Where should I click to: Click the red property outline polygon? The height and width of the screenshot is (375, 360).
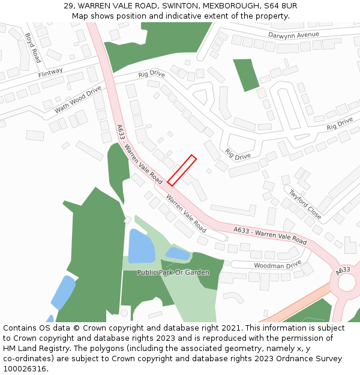tap(182, 170)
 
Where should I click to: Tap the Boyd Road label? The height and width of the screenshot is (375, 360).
tap(33, 48)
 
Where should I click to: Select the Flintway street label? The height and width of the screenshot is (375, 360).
tap(50, 73)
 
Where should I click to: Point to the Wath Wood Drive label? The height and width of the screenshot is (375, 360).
tap(78, 100)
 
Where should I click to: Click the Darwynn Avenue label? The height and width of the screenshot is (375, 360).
tap(293, 35)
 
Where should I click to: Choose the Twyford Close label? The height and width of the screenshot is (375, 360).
tap(305, 204)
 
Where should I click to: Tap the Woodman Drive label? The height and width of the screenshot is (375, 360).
tap(277, 265)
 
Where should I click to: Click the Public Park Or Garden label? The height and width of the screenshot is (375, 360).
tap(173, 272)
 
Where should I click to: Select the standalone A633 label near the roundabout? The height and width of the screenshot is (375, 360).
tap(343, 271)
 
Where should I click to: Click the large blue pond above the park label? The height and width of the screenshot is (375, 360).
tap(141, 246)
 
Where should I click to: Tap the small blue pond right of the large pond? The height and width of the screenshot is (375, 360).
tap(178, 254)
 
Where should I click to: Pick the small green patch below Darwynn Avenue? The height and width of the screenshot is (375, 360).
tap(246, 74)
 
